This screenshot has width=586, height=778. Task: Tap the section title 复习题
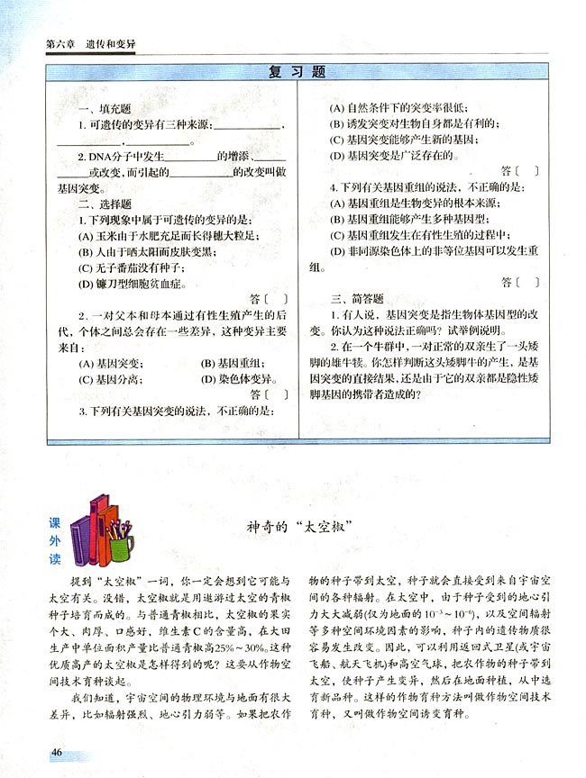point(297,71)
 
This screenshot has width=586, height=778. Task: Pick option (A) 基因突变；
point(109,364)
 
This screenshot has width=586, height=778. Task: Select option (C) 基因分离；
point(109,379)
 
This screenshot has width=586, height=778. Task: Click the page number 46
point(57,752)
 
